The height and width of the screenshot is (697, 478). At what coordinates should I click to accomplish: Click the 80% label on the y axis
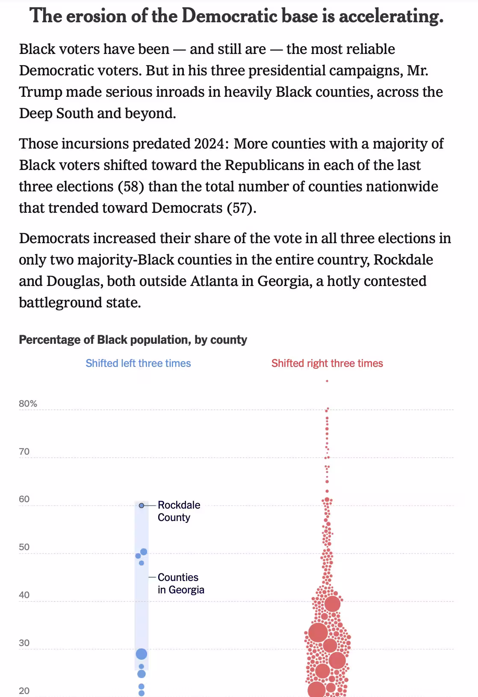tap(28, 404)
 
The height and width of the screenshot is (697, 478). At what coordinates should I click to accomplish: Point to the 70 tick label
tap(24, 452)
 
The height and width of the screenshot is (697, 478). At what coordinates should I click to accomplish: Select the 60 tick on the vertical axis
tap(24, 499)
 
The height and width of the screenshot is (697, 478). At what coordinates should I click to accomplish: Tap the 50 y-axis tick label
tap(24, 547)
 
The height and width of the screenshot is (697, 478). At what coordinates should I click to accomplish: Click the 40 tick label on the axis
tap(24, 595)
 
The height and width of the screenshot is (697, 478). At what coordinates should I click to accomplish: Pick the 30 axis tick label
tap(24, 643)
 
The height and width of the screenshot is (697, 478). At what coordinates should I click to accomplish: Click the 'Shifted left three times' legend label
tap(138, 363)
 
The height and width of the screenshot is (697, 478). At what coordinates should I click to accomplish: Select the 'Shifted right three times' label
tap(327, 363)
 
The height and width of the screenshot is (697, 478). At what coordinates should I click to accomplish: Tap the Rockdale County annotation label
tap(179, 511)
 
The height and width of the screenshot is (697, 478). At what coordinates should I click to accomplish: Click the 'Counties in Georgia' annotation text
tap(181, 584)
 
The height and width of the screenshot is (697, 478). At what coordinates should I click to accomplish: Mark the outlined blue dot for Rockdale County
tap(142, 506)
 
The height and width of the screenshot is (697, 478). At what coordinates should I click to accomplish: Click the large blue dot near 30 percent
tap(142, 654)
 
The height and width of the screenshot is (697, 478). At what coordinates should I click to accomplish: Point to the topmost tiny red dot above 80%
tap(327, 381)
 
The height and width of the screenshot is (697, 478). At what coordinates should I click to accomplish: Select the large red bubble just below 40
tap(333, 604)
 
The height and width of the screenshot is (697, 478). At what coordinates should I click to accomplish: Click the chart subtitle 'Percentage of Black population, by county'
tap(133, 340)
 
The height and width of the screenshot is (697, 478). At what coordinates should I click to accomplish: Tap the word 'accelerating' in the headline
tap(391, 16)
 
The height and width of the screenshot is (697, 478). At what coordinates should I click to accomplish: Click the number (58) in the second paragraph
tap(131, 187)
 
